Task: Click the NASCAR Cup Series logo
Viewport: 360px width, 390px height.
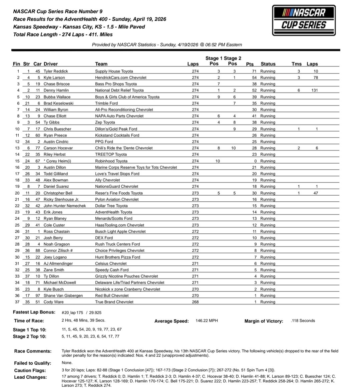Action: [x=304, y=20]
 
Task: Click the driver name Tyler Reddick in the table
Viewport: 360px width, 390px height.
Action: [x=56, y=71]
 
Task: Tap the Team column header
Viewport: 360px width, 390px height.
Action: [x=101, y=64]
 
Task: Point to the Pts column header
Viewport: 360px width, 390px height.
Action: [x=250, y=64]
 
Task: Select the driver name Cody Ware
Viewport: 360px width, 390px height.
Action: [x=53, y=302]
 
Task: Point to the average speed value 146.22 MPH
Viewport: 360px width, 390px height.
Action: [x=207, y=321]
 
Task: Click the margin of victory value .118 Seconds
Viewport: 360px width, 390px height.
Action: [x=303, y=321]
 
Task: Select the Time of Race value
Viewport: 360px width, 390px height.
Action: [x=83, y=321]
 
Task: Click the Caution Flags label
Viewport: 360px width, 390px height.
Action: [x=30, y=370]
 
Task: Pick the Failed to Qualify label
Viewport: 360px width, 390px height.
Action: [x=32, y=363]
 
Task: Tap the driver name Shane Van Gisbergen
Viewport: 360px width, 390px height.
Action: [x=63, y=296]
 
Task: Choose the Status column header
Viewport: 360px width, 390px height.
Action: [x=268, y=64]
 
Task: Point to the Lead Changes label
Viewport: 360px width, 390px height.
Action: [x=30, y=377]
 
